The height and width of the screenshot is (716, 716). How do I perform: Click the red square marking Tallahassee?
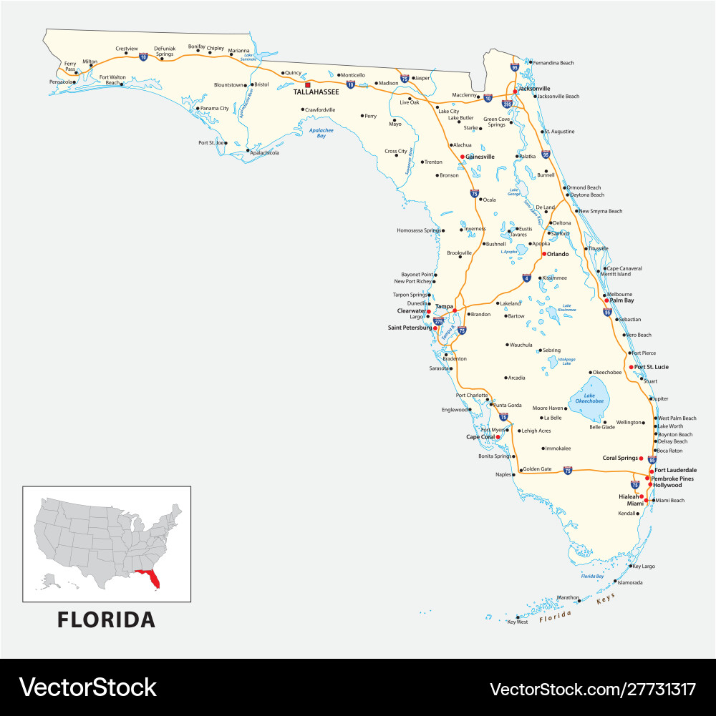(x=308, y=84)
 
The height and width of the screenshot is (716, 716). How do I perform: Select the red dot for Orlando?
(x=544, y=254)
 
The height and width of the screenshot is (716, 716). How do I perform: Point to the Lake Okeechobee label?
(x=589, y=398)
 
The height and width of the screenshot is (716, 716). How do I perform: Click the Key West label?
(x=517, y=622)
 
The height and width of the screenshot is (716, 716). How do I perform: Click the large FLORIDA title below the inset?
(x=106, y=619)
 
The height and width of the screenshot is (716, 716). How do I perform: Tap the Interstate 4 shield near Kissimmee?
(x=526, y=278)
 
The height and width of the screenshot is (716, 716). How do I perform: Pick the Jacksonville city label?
(x=534, y=89)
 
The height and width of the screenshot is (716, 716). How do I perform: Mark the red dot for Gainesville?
(x=462, y=157)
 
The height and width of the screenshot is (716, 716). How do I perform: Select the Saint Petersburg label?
(x=410, y=328)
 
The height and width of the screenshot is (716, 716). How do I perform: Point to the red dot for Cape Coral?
(x=498, y=436)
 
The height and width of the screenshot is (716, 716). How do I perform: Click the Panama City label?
(x=214, y=109)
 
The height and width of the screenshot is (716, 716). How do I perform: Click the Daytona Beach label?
(x=587, y=195)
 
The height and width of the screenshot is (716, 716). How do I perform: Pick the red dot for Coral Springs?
(x=641, y=458)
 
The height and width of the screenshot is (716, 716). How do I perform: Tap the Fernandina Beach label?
(x=553, y=63)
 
